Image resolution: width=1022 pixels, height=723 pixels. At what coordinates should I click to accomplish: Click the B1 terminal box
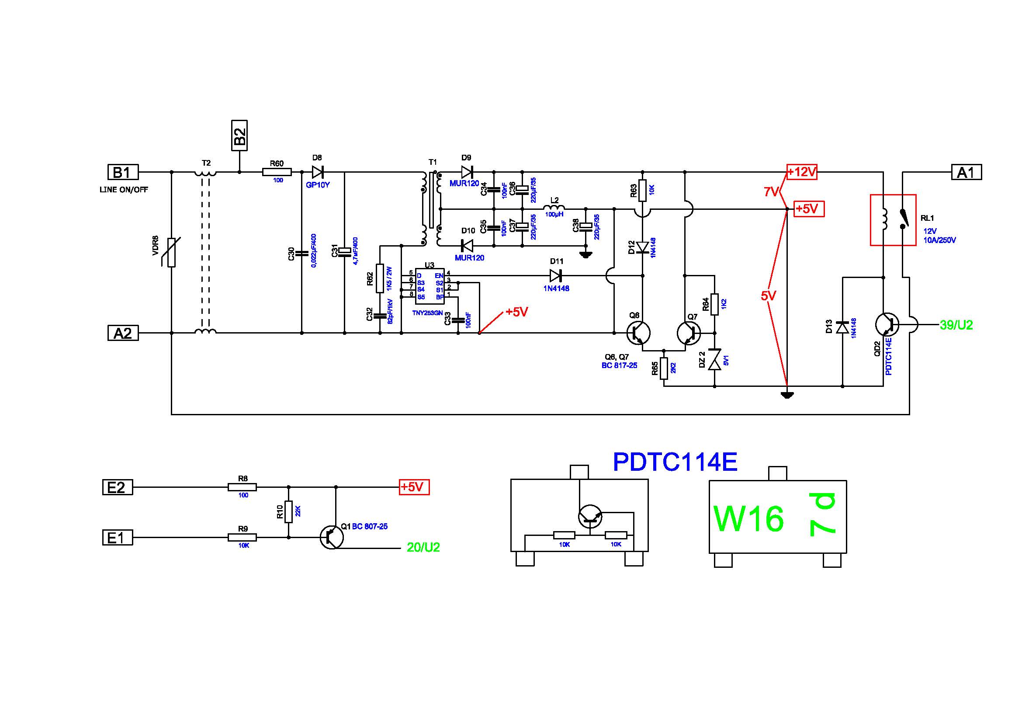pyautogui.click(x=123, y=172)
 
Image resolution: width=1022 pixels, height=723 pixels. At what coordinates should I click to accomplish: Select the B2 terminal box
pyautogui.click(x=239, y=136)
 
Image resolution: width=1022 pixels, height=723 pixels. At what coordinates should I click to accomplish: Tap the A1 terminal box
pyautogui.click(x=967, y=172)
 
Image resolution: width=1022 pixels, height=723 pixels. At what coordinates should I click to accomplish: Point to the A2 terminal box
pyautogui.click(x=123, y=333)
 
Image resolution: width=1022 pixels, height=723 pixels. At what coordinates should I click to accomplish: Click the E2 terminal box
pyautogui.click(x=118, y=487)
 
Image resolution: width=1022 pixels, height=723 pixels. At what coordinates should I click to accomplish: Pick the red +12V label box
pyautogui.click(x=802, y=172)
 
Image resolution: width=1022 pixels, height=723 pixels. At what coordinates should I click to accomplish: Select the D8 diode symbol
pyautogui.click(x=317, y=172)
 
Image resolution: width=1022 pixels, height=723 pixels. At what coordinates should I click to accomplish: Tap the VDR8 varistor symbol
pyautogui.click(x=171, y=252)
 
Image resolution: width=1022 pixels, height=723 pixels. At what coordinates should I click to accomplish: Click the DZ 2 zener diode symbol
pyautogui.click(x=714, y=360)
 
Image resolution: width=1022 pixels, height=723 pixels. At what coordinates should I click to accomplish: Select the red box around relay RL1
pyautogui.click(x=894, y=220)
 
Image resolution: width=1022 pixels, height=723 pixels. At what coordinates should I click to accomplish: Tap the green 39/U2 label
pyautogui.click(x=956, y=326)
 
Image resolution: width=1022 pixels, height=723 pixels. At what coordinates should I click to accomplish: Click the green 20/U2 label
pyautogui.click(x=423, y=548)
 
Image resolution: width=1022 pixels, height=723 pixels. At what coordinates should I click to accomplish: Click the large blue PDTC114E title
pyautogui.click(x=675, y=462)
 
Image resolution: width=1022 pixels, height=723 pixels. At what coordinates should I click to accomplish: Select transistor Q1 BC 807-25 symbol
pyautogui.click(x=332, y=537)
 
